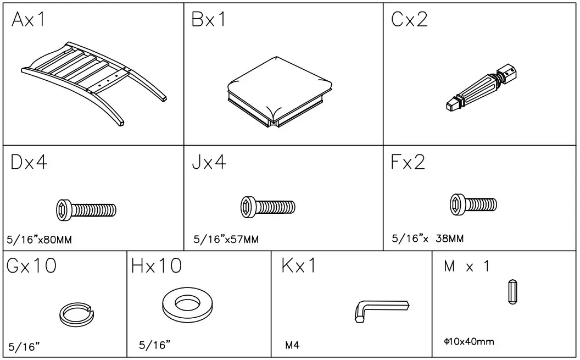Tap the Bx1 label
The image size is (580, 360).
pyautogui.click(x=209, y=20)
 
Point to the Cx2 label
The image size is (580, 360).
pyautogui.click(x=409, y=20)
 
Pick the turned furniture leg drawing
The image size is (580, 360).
pyautogui.click(x=481, y=88)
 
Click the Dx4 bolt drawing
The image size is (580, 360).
pyautogui.click(x=86, y=209)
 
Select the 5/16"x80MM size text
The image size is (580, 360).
pyautogui.click(x=40, y=240)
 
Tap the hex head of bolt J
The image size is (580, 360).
pyautogui.click(x=249, y=206)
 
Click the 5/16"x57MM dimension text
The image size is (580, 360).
pyautogui.click(x=226, y=240)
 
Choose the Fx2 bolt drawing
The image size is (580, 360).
pyautogui.click(x=473, y=204)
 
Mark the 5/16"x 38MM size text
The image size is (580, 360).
pyautogui.click(x=427, y=239)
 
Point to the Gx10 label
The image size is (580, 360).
pyautogui.click(x=32, y=267)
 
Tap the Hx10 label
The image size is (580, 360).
pyautogui.click(x=157, y=267)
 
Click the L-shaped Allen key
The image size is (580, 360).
pyautogui.click(x=379, y=309)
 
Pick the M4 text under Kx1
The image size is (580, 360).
pyautogui.click(x=292, y=346)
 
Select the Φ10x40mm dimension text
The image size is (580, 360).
pyautogui.click(x=469, y=342)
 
